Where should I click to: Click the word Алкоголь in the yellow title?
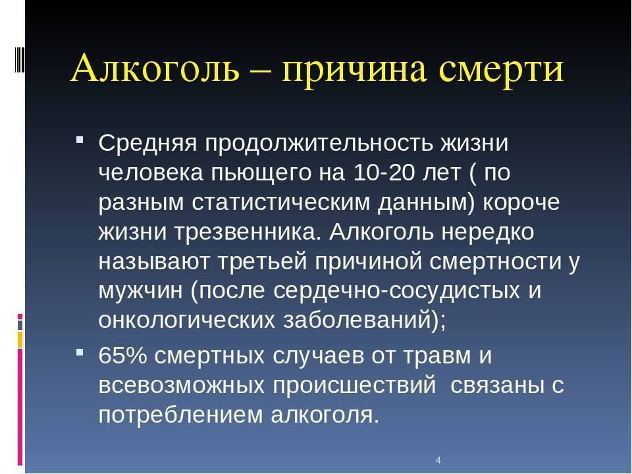click(x=155, y=68)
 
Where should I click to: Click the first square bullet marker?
click(x=80, y=140)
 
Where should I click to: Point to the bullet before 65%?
click(x=80, y=352)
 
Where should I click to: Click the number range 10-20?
click(x=384, y=172)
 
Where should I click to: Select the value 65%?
click(x=122, y=355)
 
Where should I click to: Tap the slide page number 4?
click(x=438, y=460)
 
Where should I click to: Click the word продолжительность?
click(x=319, y=143)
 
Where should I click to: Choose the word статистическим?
click(x=280, y=202)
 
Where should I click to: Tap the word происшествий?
click(x=354, y=385)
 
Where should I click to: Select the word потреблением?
click(x=180, y=415)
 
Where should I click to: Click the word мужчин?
click(x=140, y=292)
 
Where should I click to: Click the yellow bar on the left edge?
click(x=20, y=340)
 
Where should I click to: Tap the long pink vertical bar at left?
click(x=20, y=407)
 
